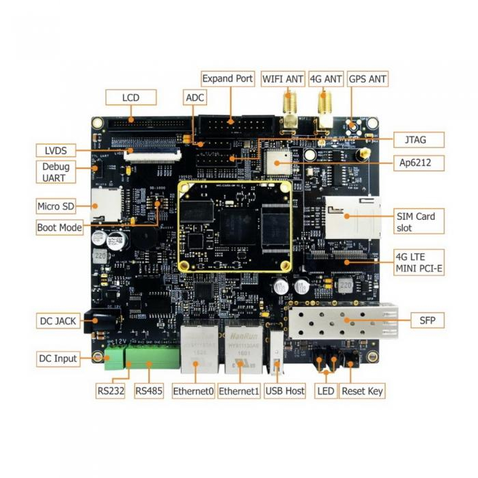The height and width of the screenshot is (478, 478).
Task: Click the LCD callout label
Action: [x=130, y=98]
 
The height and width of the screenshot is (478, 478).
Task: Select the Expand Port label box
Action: [x=228, y=79]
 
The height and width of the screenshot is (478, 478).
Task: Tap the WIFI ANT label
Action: [x=283, y=79]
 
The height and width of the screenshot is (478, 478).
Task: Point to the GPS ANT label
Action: [x=367, y=79]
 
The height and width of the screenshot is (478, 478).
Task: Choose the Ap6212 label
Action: [x=419, y=163]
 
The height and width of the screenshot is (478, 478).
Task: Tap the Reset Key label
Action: [x=362, y=391]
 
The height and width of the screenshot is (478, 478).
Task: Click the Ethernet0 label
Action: [x=193, y=391]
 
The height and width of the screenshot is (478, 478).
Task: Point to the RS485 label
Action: [x=148, y=391]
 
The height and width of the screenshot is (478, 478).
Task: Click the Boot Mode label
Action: [x=59, y=227]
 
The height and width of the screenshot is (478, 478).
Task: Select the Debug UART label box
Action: [x=54, y=172]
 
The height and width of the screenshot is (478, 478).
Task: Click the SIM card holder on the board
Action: [x=350, y=217]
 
